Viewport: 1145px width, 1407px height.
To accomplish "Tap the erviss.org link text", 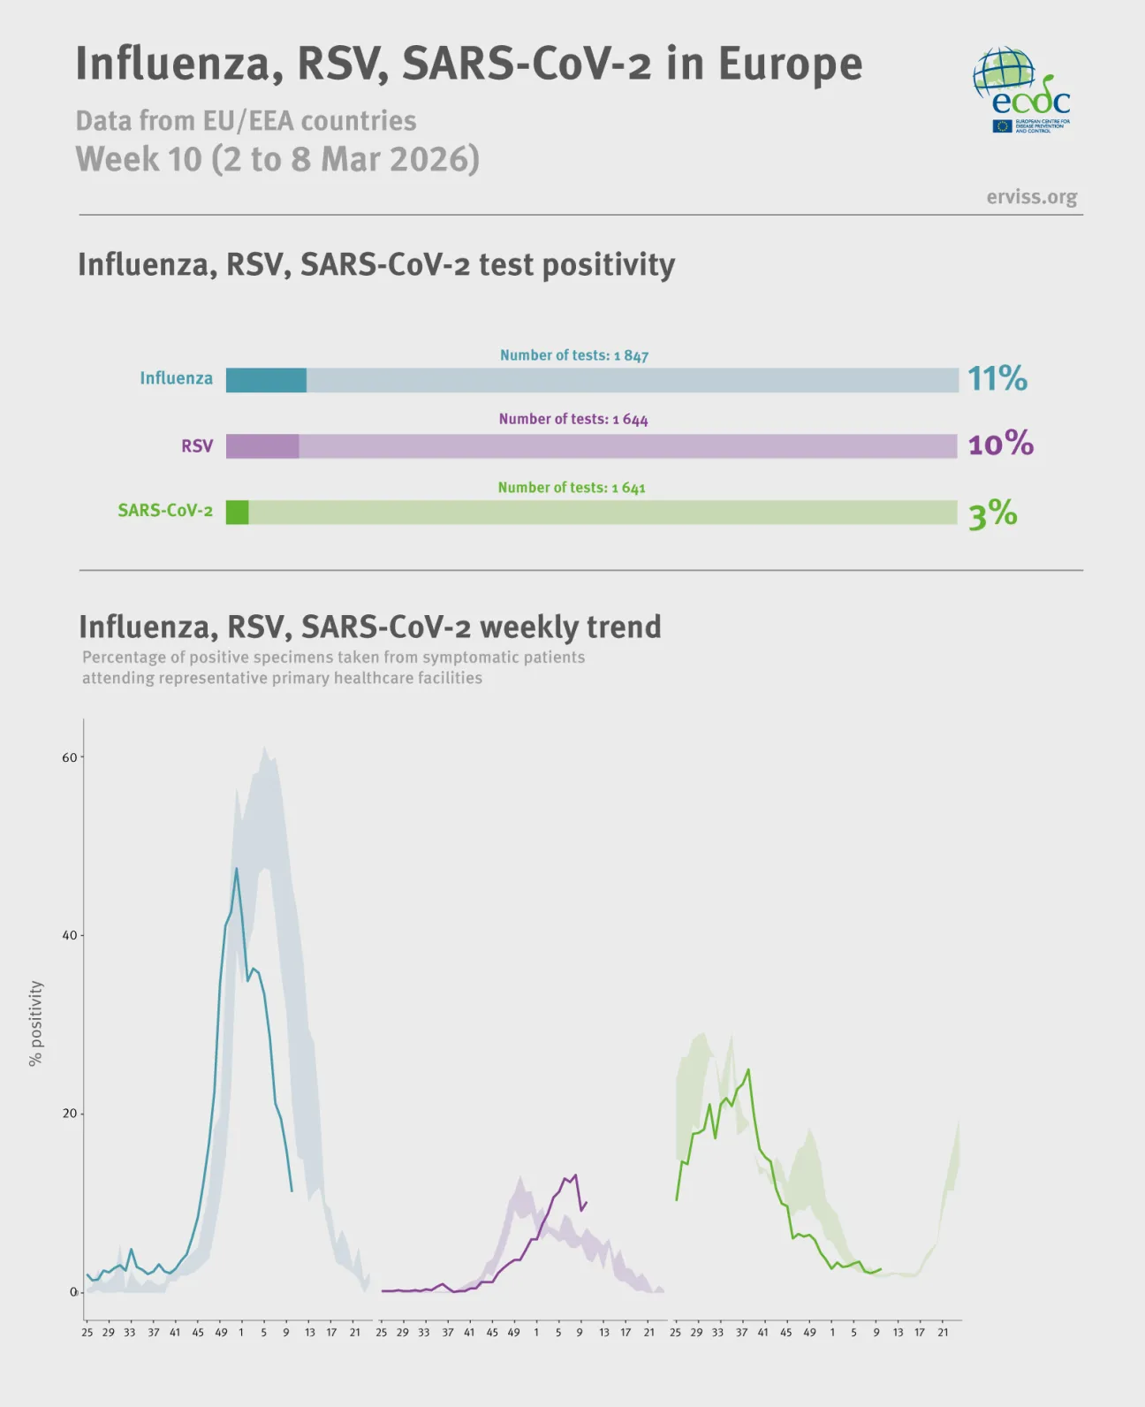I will click(1031, 196).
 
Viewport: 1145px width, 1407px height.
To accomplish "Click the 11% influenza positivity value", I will click(997, 378).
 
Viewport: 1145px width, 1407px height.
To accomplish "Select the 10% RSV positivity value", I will click(1000, 444).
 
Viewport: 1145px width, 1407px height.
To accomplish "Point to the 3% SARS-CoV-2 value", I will click(992, 513).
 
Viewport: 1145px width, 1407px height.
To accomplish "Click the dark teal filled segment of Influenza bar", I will click(266, 380).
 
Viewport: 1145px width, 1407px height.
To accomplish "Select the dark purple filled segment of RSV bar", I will click(262, 446).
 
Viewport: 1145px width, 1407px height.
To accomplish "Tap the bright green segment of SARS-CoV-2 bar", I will click(237, 513).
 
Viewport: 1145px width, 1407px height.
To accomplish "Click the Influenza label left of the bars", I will click(176, 378).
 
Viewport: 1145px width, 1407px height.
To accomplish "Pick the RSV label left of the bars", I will click(197, 446).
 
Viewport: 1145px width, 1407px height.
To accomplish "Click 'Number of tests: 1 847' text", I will click(574, 355).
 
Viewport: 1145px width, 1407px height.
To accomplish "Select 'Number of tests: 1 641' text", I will click(572, 488).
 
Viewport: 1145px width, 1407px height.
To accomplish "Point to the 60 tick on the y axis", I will click(70, 757).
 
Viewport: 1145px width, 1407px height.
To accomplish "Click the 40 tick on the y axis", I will click(70, 935).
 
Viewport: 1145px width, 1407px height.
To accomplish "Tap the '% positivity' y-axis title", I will click(35, 1023).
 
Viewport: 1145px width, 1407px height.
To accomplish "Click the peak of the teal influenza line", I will click(236, 869).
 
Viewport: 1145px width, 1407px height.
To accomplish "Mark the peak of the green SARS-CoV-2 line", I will click(748, 1070).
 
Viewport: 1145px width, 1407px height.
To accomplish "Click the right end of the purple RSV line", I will click(586, 1202).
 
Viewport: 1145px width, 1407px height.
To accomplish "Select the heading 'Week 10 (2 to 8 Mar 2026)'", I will click(277, 159).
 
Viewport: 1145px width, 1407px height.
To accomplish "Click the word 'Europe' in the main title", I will click(790, 64).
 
